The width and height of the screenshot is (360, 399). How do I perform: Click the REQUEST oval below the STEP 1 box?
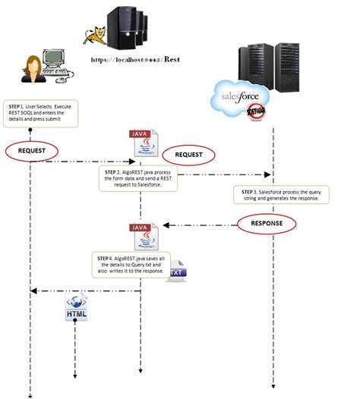tap(32, 151)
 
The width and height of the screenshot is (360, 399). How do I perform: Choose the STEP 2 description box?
tap(139, 179)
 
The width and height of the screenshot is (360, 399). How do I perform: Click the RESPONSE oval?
tap(266, 224)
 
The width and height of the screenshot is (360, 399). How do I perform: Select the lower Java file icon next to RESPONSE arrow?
tap(142, 234)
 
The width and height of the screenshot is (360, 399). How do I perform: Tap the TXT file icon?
tap(176, 271)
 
